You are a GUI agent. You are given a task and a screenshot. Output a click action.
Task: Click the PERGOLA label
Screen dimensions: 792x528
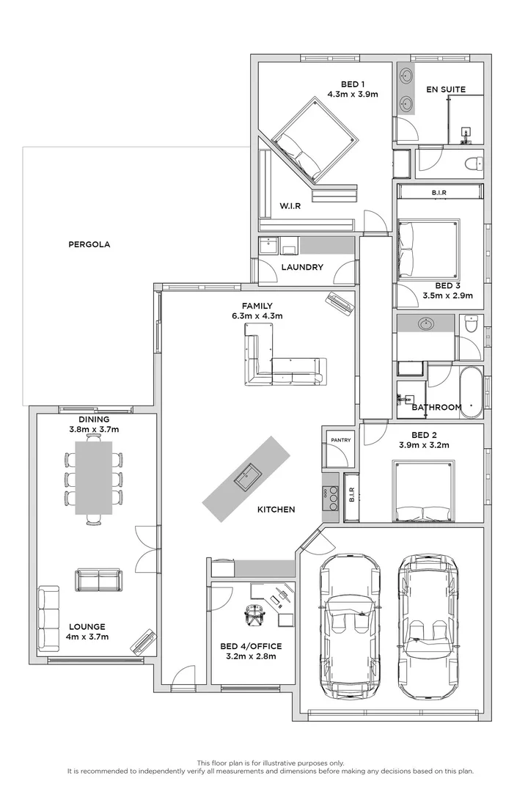(x=89, y=244)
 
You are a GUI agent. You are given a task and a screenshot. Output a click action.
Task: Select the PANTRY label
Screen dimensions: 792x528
(x=341, y=440)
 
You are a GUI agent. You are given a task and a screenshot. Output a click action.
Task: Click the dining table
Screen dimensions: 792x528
(x=95, y=477)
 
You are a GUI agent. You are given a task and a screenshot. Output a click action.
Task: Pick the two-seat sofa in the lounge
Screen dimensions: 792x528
(x=98, y=580)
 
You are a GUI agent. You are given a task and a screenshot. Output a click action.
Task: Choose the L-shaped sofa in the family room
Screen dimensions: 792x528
(x=282, y=359)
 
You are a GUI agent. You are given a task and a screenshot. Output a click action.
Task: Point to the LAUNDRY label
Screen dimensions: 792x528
(x=302, y=268)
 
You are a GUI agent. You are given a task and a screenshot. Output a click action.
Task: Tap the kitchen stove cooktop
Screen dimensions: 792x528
(x=332, y=498)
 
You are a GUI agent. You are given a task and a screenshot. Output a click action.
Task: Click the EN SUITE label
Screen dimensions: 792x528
(x=446, y=89)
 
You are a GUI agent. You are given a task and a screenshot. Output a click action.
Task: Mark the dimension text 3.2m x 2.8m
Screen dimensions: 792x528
(x=252, y=656)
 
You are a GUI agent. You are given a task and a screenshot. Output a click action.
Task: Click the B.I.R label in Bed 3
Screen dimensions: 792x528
(x=439, y=192)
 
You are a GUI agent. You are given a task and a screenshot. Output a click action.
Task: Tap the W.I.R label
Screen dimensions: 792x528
(x=290, y=206)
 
